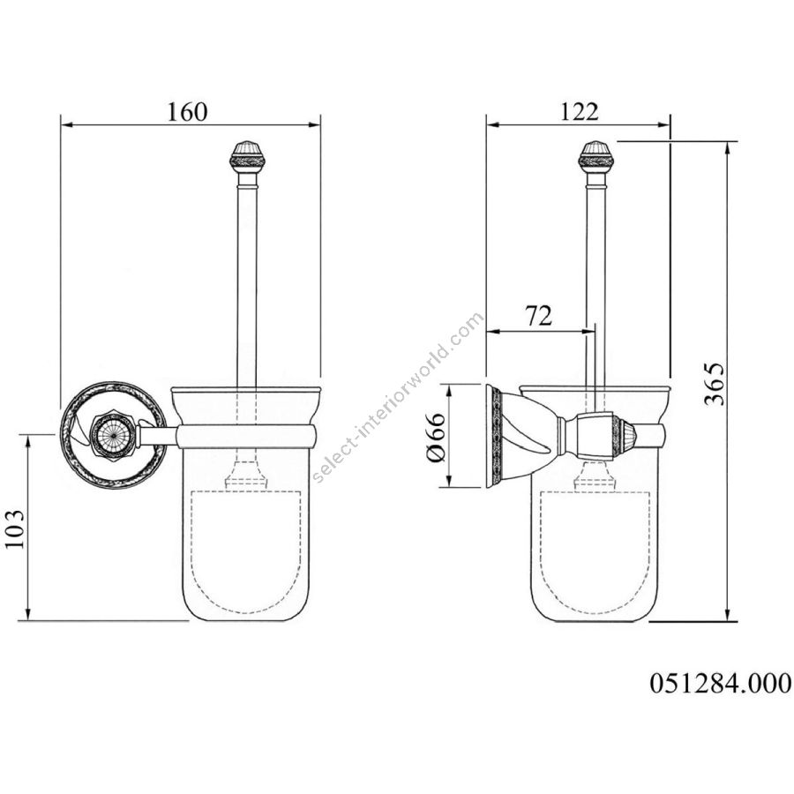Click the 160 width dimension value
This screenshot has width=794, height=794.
187,112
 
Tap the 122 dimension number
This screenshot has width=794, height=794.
579,111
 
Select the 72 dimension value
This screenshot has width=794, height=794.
538,316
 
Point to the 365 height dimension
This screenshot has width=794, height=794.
714,384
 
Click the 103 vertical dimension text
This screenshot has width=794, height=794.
14,528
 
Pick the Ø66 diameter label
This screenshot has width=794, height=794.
436,438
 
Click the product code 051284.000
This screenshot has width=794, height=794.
720,683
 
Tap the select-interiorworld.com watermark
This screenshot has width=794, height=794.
399,398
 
